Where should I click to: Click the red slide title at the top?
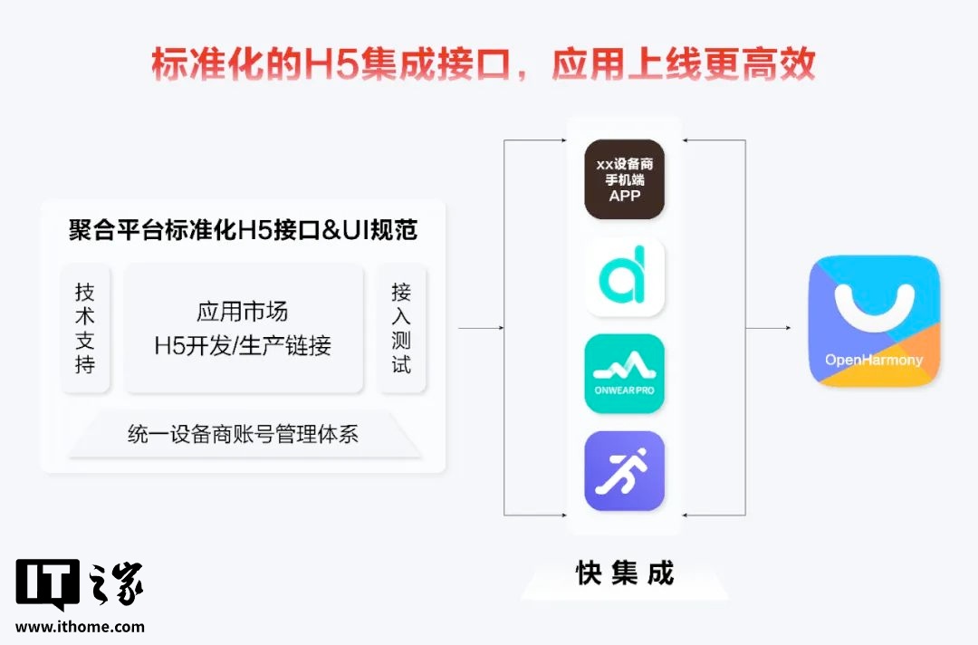tap(484, 64)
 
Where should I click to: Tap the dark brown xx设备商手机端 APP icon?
tap(624, 179)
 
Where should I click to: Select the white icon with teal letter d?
tap(624, 277)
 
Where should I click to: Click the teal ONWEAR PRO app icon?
tap(624, 373)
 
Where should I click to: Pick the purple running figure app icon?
tap(624, 470)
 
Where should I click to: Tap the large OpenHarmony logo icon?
tap(873, 322)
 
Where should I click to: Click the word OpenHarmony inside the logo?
tap(873, 360)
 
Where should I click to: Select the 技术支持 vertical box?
tap(85, 328)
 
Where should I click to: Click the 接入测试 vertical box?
tap(401, 328)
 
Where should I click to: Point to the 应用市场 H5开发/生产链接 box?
tap(243, 328)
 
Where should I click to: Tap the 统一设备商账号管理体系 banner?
tap(243, 434)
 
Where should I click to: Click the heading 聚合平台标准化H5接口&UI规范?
tap(243, 230)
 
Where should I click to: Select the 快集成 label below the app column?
tap(625, 573)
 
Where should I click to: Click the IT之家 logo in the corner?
tap(80, 584)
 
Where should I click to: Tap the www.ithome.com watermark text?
tap(80, 626)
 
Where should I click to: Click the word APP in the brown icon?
tap(624, 197)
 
